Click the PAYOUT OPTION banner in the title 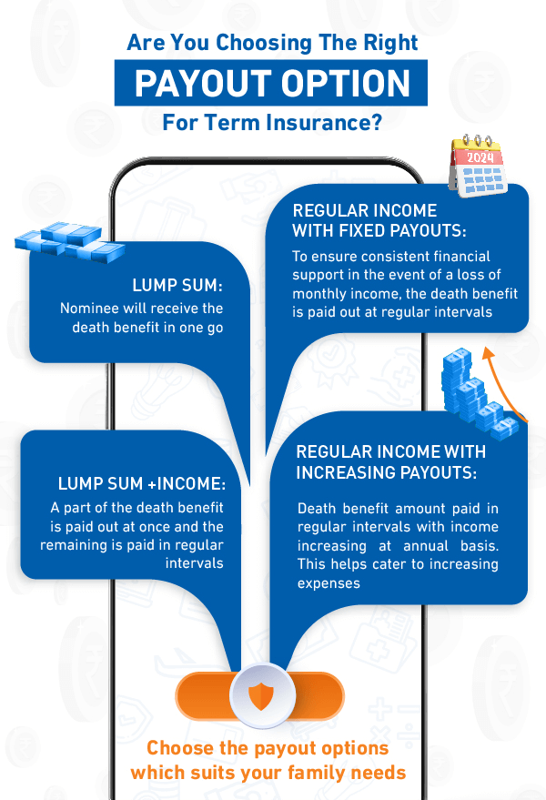[271, 83]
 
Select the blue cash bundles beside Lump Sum [56, 243]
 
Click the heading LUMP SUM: [177, 285]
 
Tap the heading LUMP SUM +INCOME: [141, 483]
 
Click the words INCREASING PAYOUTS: [387, 471]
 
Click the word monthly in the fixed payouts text [324, 294]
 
